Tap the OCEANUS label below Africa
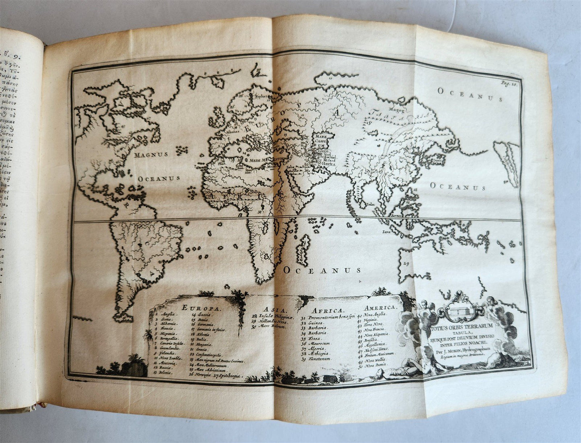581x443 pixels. click(322, 270)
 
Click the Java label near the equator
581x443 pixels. click(386, 232)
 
